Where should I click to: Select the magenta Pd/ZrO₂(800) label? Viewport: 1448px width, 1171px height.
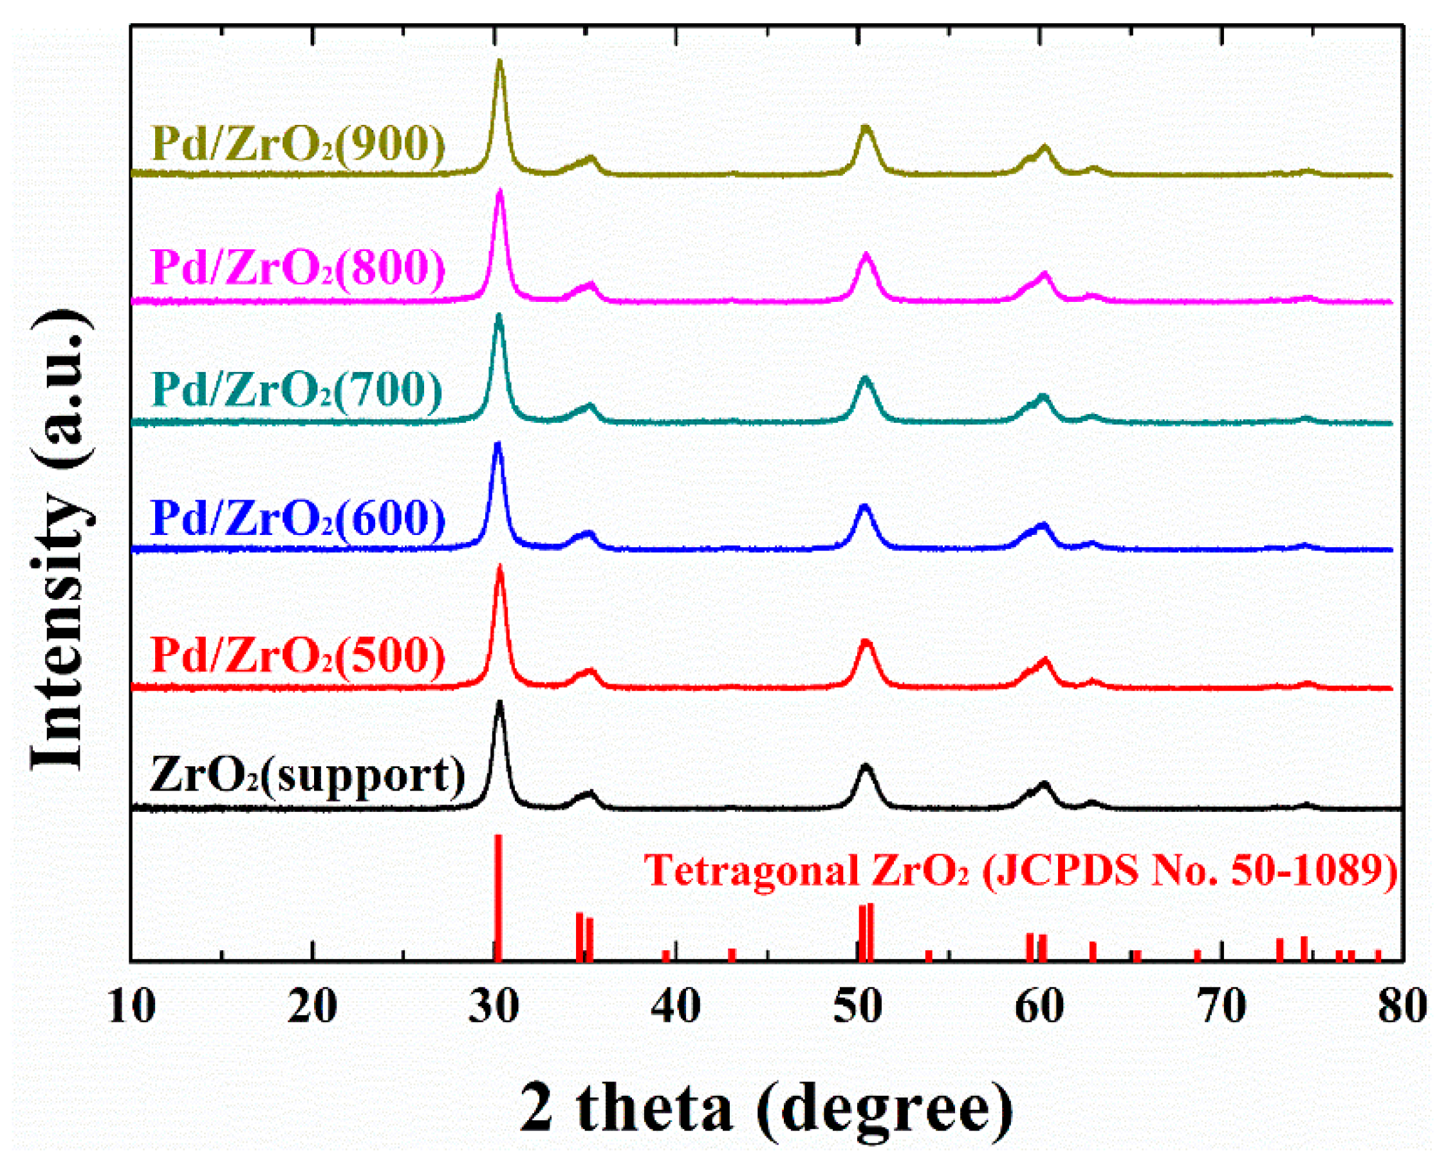pos(299,267)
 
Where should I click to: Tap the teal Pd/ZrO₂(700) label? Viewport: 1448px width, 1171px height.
pos(297,389)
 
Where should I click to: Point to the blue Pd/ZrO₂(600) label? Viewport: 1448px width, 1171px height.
pos(299,518)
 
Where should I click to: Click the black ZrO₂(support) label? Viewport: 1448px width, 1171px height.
pos(307,776)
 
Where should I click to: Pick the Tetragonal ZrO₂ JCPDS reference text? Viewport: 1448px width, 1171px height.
pos(1021,870)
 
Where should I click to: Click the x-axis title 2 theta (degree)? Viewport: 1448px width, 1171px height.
pos(767,1109)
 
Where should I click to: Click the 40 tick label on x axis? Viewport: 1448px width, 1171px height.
pos(675,1007)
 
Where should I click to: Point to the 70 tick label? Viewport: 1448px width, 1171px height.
pos(1223,1007)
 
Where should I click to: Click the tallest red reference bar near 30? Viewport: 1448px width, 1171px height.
pos(498,897)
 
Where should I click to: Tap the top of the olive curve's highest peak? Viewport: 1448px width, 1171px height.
pos(500,62)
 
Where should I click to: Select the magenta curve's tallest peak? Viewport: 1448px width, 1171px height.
pos(500,192)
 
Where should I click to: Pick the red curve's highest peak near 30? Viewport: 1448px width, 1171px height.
pos(500,568)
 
